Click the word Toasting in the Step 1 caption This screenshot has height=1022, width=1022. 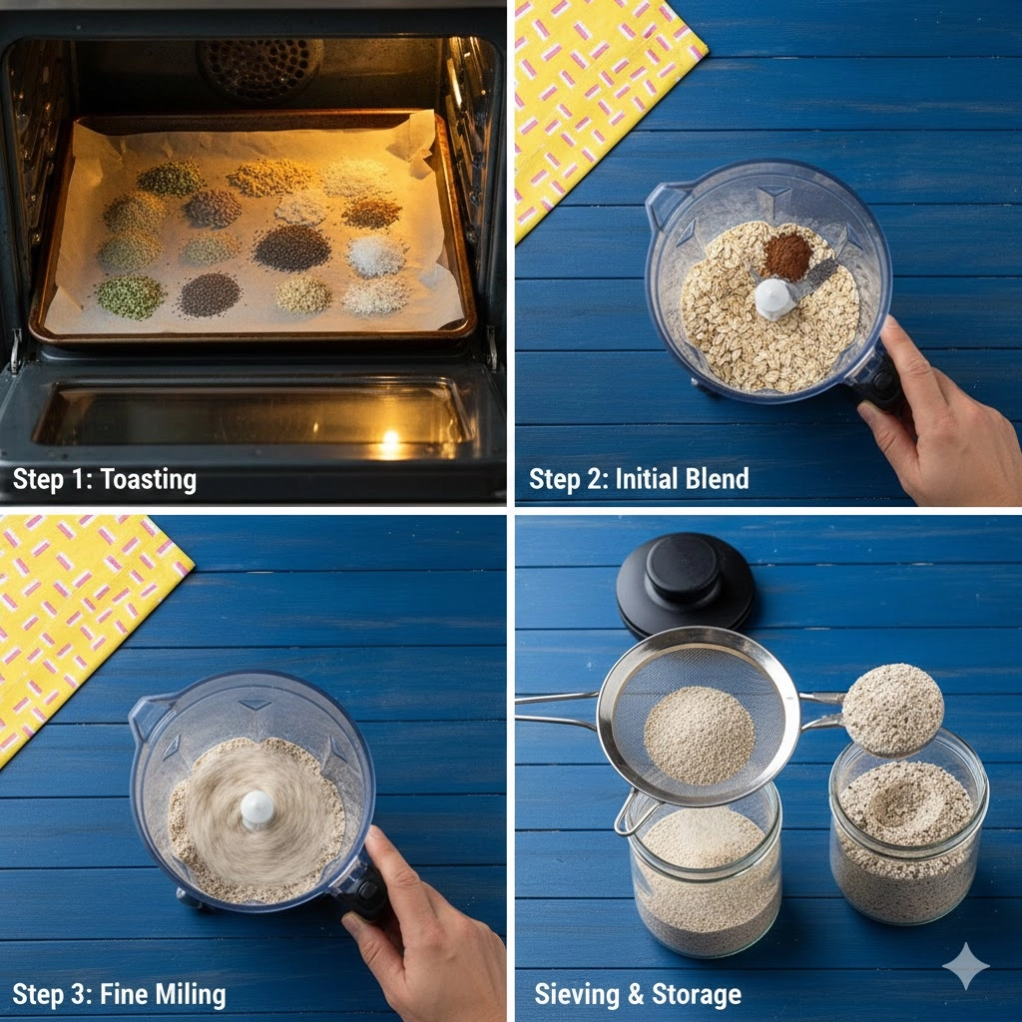149,480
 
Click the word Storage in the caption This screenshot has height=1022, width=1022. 696,995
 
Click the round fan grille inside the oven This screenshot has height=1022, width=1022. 260,65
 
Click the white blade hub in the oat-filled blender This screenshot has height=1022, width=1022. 773,299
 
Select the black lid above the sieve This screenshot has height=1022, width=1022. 685,584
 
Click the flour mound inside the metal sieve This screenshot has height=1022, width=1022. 699,735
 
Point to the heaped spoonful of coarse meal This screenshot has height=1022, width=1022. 893,710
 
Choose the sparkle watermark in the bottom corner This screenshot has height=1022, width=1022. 966,965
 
